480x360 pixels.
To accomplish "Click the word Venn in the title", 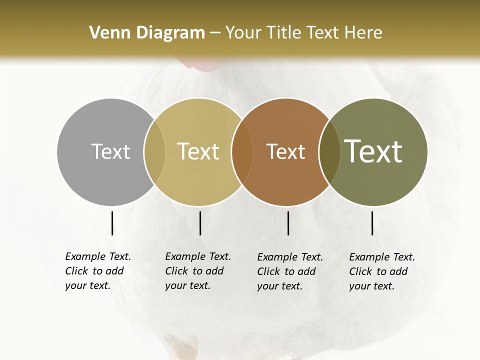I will click(x=110, y=33).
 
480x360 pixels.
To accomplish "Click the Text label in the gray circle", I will click(x=110, y=151).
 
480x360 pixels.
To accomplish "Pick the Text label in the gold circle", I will click(x=198, y=151).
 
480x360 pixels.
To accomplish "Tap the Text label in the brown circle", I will click(x=285, y=151).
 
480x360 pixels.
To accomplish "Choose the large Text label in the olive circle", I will click(x=373, y=151).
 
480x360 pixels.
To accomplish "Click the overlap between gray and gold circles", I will click(x=154, y=152).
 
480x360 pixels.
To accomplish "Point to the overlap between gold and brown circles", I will click(x=241, y=152).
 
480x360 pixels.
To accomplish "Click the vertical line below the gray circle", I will click(x=112, y=223).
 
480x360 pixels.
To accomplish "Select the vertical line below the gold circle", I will click(x=200, y=223).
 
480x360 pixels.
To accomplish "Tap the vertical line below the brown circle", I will click(x=288, y=223).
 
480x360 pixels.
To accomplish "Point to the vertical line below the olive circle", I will click(x=372, y=223).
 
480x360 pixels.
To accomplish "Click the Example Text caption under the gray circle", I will click(x=97, y=271).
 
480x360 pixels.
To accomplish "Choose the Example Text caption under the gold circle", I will click(x=197, y=271).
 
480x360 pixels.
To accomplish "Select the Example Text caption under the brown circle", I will click(x=289, y=271).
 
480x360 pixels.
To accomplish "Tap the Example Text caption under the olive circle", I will click(x=381, y=271).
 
